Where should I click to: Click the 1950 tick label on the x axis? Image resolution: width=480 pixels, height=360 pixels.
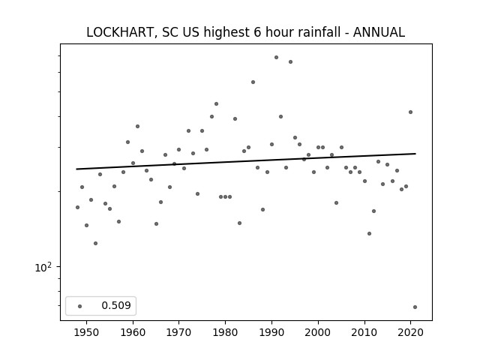tap(87, 332)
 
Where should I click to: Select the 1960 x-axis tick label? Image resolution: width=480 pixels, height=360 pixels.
tap(133, 332)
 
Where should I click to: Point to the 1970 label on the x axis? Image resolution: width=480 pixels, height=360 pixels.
tap(178, 332)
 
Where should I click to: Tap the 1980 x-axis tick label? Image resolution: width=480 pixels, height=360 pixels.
tap(225, 332)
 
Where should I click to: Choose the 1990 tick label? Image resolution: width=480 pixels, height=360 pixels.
tap(271, 332)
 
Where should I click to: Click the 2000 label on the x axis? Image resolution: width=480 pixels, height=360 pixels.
tap(318, 332)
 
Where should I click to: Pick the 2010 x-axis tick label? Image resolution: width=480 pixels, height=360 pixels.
tap(364, 332)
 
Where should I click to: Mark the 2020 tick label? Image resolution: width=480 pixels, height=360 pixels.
tap(410, 332)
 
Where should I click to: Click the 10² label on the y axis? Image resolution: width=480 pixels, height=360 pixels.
tap(43, 267)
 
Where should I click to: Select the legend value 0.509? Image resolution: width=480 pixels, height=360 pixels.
tap(116, 305)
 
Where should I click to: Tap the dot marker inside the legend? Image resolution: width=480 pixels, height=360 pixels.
tap(80, 306)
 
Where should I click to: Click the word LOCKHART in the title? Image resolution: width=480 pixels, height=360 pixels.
tap(119, 32)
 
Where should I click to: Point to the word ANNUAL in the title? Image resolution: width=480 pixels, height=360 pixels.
tap(379, 32)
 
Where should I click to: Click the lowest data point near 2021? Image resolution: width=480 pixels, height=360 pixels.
tap(415, 307)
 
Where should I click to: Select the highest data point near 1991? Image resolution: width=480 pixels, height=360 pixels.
tap(276, 57)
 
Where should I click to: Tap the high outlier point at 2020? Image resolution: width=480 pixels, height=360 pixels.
tap(410, 112)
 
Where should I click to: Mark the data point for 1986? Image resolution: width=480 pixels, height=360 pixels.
tap(253, 82)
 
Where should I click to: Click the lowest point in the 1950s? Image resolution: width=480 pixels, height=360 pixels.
tap(95, 243)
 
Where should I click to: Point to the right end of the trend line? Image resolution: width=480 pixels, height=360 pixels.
tap(415, 153)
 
